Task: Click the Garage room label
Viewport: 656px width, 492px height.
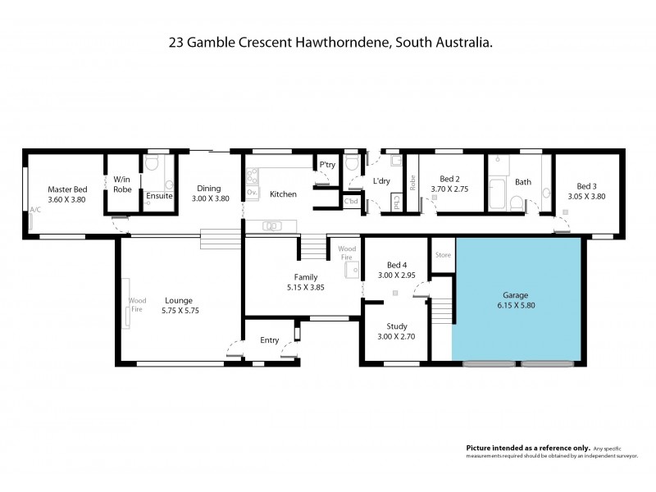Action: coord(517,295)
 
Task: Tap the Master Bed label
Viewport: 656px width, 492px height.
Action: coord(61,188)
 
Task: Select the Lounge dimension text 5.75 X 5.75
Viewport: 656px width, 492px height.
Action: coord(178,311)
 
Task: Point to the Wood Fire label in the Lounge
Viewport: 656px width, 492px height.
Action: coord(137,306)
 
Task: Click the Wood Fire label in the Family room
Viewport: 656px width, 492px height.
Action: coord(347,251)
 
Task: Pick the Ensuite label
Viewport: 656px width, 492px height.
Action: coord(158,196)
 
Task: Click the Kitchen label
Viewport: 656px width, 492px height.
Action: coord(283,194)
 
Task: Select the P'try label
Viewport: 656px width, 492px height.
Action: coord(327,165)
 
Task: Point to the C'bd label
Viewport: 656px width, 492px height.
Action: coord(351,201)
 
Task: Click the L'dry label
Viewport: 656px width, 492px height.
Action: coord(381,180)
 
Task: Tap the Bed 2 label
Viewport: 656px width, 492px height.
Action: coord(449,179)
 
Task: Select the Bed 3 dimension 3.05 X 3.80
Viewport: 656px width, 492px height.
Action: coord(586,196)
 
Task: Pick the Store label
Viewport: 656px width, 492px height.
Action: coord(443,255)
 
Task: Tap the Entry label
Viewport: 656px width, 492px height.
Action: coord(269,340)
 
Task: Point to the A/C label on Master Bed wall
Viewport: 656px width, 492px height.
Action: coord(35,210)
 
